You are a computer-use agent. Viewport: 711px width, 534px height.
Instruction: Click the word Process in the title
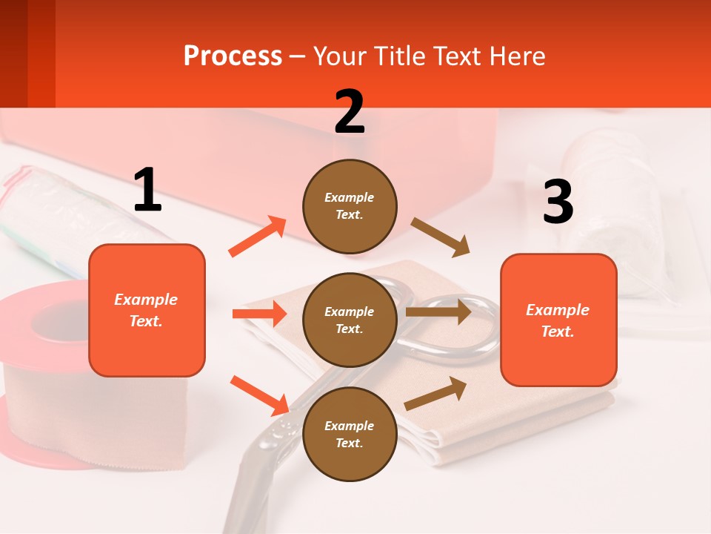coord(233,56)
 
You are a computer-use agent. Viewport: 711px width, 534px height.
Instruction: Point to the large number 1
coord(147,191)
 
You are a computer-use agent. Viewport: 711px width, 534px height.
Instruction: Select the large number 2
coord(350,112)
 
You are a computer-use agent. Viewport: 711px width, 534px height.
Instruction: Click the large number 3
coord(558,202)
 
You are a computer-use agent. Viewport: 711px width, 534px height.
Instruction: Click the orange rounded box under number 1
coord(147,310)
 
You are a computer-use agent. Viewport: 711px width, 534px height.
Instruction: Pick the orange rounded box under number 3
coord(558,320)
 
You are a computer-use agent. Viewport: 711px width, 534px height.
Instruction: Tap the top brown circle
coord(350,206)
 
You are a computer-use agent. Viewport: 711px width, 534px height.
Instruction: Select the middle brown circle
coord(350,320)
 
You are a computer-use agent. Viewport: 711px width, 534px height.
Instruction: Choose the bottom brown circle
coord(350,434)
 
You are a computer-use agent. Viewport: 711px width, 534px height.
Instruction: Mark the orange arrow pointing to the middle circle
coord(258,314)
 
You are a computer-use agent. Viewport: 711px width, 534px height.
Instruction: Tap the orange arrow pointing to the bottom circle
coord(259,395)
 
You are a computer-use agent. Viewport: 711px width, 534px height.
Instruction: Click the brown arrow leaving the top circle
coord(441,237)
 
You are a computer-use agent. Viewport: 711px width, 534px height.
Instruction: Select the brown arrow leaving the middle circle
coord(438,312)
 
